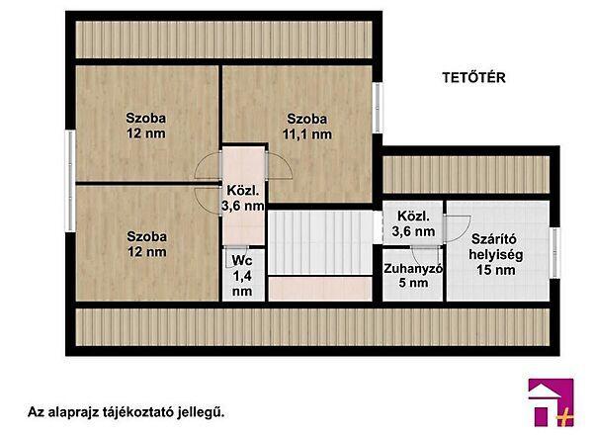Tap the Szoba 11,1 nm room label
[306, 127]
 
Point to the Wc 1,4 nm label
[242, 276]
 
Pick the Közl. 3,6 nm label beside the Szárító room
[414, 223]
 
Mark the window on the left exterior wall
[70, 162]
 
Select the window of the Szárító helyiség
[555, 253]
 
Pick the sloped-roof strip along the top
[222, 39]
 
